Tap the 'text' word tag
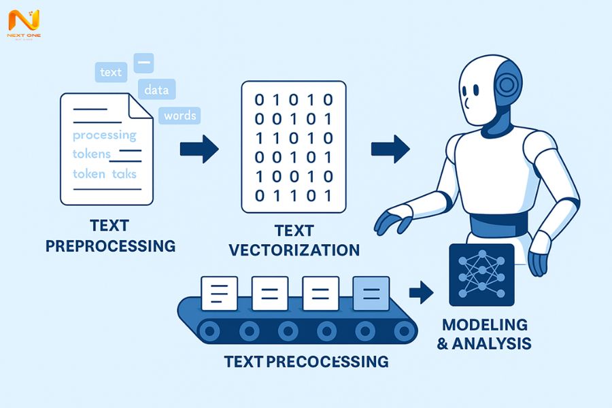tap(110, 72)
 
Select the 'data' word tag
tap(156, 89)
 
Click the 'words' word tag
tap(180, 115)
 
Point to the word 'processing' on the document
tap(104, 135)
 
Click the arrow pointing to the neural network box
tap(421, 293)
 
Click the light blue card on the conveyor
tap(371, 293)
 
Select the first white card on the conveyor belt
tap(219, 293)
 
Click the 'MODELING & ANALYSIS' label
tap(483, 334)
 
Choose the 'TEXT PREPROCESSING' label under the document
tap(110, 235)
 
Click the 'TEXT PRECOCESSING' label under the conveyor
tap(306, 360)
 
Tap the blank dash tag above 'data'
tap(143, 63)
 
